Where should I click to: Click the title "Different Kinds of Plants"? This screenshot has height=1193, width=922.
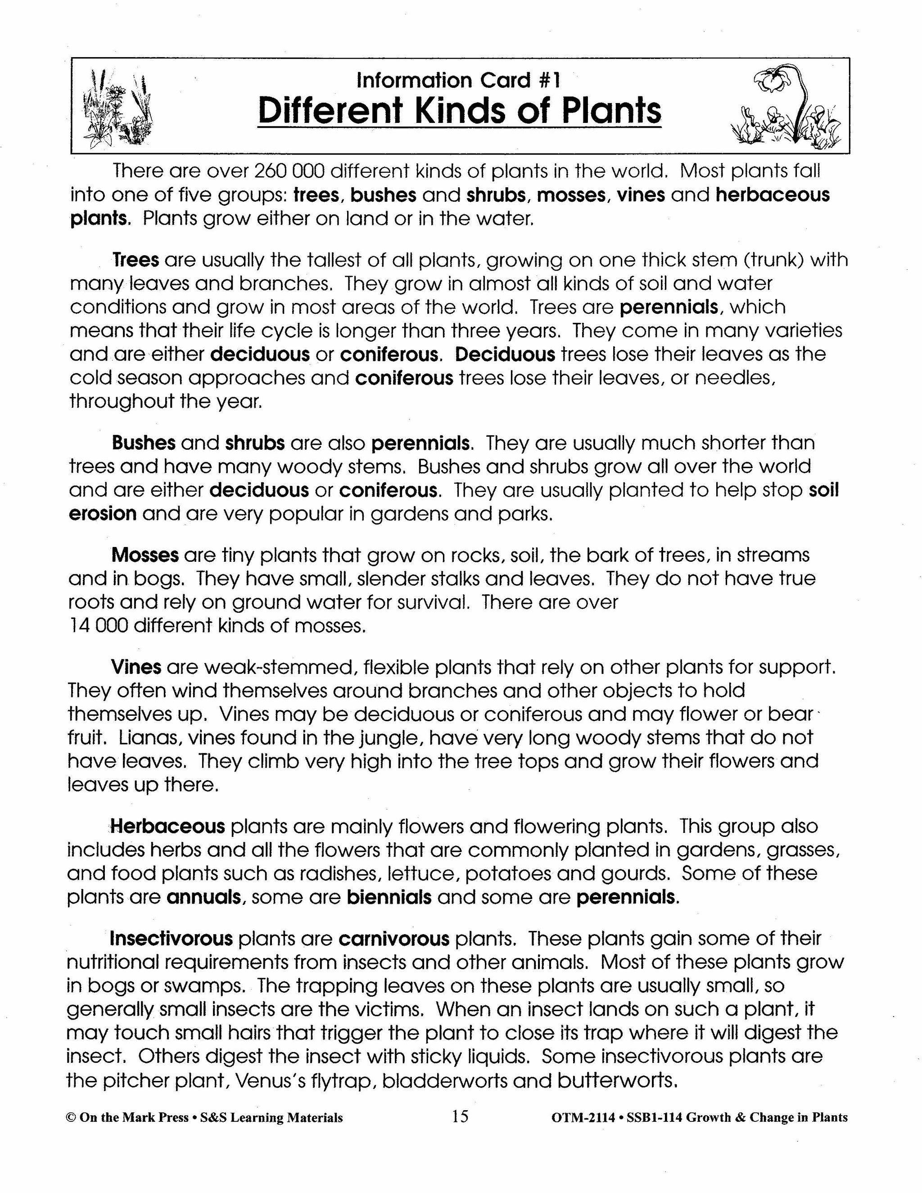tap(459, 112)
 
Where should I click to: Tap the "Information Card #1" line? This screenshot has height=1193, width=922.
tap(458, 81)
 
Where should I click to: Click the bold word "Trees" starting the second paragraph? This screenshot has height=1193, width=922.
tap(136, 260)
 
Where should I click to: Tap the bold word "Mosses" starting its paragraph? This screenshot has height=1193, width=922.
tap(145, 555)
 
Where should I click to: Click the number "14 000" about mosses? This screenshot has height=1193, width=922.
tap(98, 625)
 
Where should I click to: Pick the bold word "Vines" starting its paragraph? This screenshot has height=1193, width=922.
tap(136, 667)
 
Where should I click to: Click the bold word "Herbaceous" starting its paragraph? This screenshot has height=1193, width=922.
tap(167, 827)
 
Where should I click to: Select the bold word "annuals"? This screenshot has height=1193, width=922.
tap(204, 897)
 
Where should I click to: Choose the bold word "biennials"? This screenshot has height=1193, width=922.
tap(389, 897)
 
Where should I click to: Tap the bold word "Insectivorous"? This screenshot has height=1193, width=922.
tap(172, 939)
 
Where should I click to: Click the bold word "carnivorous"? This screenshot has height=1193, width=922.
tap(394, 939)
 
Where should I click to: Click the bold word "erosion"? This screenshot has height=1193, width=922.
tap(103, 514)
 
